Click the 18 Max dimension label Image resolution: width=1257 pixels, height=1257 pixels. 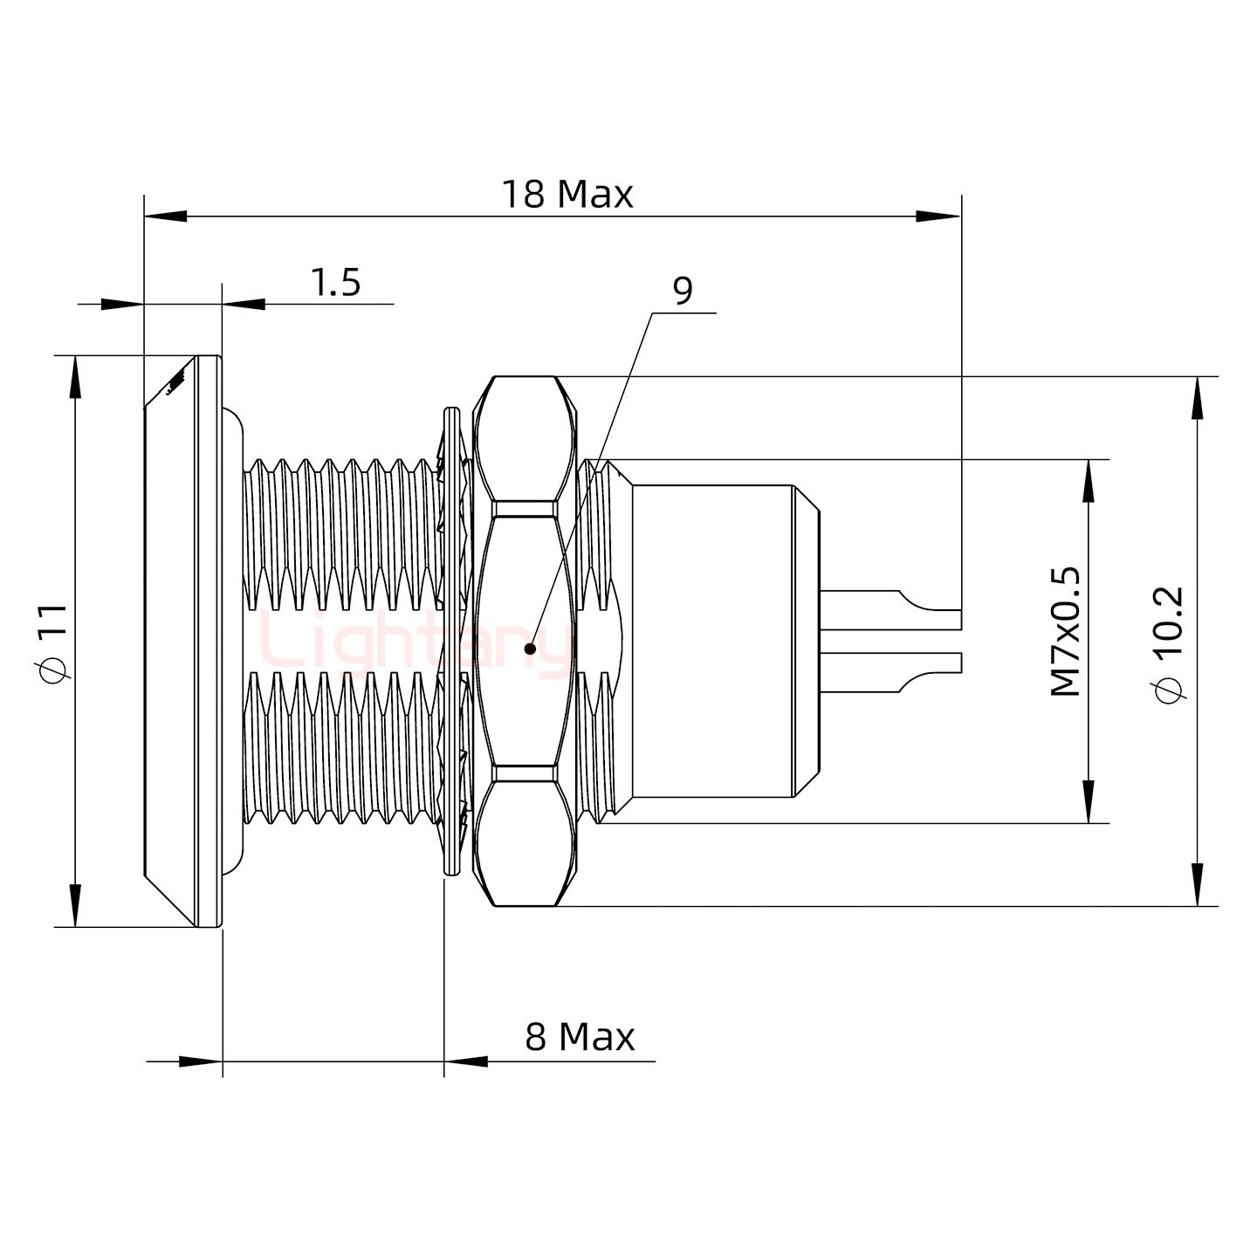point(567,194)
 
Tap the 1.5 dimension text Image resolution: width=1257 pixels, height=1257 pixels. point(335,283)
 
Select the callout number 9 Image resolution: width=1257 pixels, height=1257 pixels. point(683,291)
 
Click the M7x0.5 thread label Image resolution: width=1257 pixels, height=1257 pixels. point(1066,631)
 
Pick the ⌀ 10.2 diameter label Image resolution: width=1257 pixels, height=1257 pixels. point(1167,631)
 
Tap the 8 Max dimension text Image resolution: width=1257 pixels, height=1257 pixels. point(580,1037)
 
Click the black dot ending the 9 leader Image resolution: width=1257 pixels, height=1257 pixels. point(530,649)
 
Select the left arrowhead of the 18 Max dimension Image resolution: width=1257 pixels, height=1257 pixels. point(166,216)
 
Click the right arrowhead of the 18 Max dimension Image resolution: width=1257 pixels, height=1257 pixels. point(938,216)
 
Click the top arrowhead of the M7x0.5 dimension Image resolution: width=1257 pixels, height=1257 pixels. point(1089,481)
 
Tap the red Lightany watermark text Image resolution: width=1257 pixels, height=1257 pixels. point(410,646)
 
